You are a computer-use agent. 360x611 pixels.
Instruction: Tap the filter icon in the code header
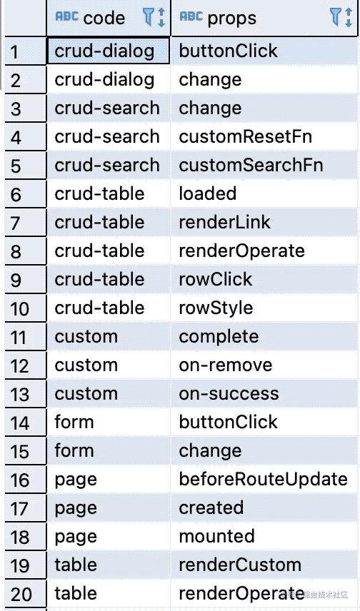pyautogui.click(x=148, y=18)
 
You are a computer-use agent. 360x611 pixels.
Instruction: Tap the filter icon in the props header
pyautogui.click(x=335, y=18)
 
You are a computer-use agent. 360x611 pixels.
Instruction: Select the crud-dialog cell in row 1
pyautogui.click(x=109, y=51)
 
